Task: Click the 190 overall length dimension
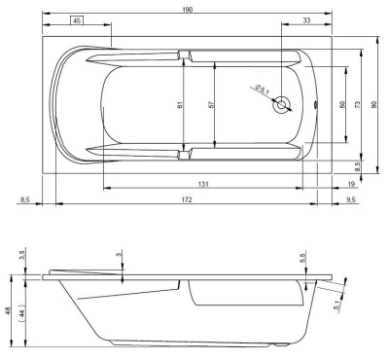(x=188, y=10)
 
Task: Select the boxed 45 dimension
(x=77, y=20)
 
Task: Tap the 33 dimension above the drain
(x=306, y=20)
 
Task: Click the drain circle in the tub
(x=282, y=104)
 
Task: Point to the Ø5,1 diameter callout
(x=263, y=90)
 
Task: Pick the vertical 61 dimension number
(x=181, y=105)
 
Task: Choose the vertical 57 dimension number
(x=211, y=105)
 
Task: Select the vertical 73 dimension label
(x=357, y=104)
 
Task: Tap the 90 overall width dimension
(x=374, y=104)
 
